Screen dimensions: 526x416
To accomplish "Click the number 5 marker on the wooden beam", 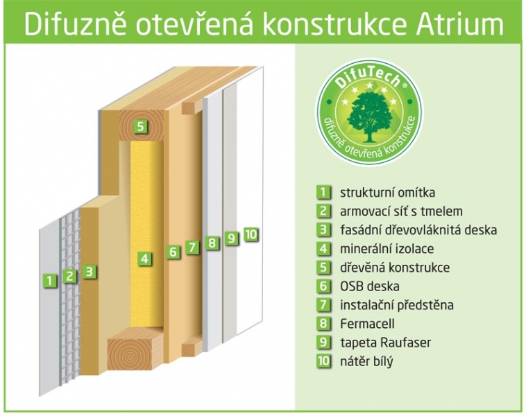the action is [x=140, y=127].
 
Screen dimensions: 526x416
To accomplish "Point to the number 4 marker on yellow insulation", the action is [x=144, y=259].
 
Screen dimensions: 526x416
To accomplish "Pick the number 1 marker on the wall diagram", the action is [x=50, y=280].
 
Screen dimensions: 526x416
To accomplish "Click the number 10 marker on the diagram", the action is [x=251, y=234].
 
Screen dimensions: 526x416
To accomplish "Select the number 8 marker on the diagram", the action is [x=212, y=243].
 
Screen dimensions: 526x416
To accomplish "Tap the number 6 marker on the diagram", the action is [x=173, y=252].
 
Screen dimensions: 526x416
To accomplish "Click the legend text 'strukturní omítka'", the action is [x=387, y=193].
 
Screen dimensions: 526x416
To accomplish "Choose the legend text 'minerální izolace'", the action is [x=387, y=249].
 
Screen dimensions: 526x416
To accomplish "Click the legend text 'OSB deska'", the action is [x=370, y=286].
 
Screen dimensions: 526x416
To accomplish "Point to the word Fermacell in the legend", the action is [x=367, y=324].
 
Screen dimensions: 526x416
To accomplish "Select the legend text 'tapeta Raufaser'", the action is [x=385, y=343].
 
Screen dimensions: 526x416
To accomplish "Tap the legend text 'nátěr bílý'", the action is [x=366, y=362].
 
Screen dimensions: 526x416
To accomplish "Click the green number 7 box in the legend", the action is [x=323, y=304].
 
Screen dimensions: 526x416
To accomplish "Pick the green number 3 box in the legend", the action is [x=323, y=229].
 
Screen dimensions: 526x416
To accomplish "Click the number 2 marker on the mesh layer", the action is [x=69, y=276].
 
